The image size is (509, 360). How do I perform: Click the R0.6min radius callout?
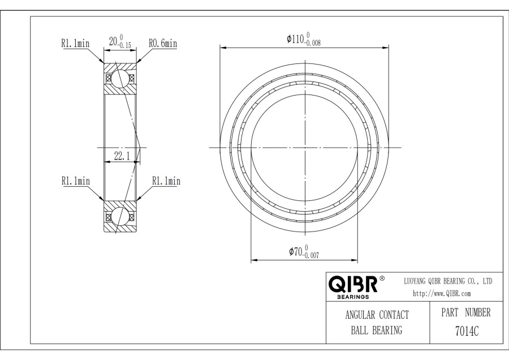tap(163, 43)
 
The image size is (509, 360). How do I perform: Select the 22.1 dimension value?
tap(122, 156)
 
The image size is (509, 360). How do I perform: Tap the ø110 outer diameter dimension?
tap(304, 39)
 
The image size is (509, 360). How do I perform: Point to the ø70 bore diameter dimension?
tap(304, 252)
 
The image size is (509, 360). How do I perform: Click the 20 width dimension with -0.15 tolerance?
tap(120, 41)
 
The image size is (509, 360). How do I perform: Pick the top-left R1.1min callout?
tap(75, 43)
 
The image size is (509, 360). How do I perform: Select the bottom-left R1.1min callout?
tap(76, 181)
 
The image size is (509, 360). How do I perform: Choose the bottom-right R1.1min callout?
tap(166, 181)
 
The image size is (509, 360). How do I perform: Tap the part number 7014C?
tap(467, 331)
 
